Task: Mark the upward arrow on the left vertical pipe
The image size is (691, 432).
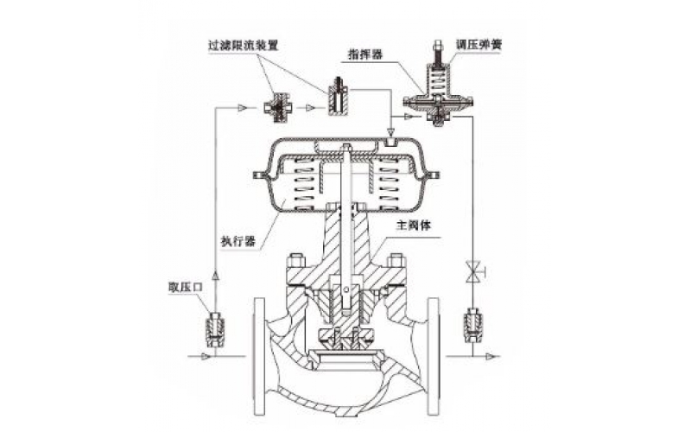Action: coord(214,275)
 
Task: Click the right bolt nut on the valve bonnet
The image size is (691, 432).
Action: coord(396,260)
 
